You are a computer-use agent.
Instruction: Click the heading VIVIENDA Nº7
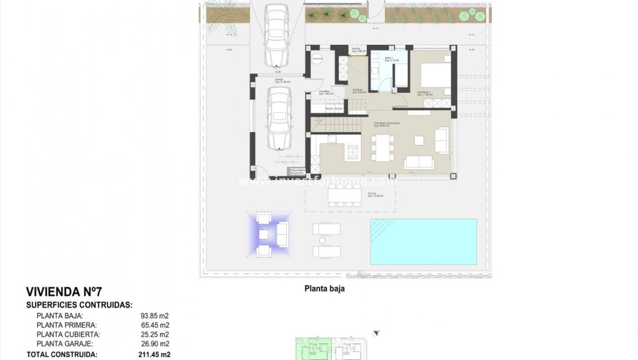[x=64, y=292]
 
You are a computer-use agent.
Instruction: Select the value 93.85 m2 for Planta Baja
[x=155, y=316]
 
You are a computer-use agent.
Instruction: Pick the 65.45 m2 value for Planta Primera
[x=155, y=325]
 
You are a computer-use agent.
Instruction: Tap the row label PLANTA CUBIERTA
[x=68, y=334]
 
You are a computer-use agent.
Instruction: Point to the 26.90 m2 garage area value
[x=155, y=343]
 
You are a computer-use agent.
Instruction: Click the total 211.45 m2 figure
[x=154, y=355]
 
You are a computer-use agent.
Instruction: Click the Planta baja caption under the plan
[x=325, y=289]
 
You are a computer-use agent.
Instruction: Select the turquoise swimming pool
[x=423, y=241]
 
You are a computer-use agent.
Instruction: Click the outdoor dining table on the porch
[x=344, y=196]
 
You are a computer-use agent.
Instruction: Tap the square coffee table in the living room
[x=420, y=140]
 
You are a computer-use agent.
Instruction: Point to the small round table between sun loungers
[x=322, y=240]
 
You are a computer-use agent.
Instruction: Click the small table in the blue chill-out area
[x=264, y=234]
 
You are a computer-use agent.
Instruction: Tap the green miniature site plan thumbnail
[x=310, y=348]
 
